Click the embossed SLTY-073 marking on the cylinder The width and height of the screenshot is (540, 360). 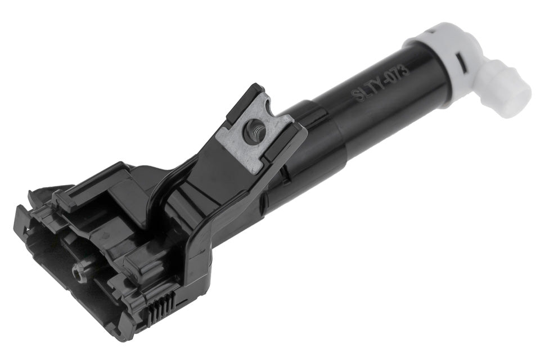(380, 83)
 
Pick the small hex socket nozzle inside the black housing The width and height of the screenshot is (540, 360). (79, 274)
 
